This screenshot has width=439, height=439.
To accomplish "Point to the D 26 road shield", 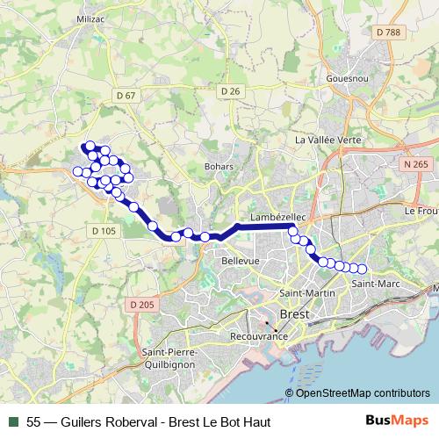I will point(231,90).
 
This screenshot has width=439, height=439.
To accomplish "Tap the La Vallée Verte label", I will point(328,140).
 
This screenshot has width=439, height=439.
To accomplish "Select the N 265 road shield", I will point(417,164).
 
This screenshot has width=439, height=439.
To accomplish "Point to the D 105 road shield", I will point(104,231).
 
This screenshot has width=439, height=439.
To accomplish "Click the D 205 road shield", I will point(141,305).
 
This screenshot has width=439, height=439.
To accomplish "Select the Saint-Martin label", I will point(301,292).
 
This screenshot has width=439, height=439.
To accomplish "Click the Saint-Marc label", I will point(370,284).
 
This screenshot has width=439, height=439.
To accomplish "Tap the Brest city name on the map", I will point(291,314).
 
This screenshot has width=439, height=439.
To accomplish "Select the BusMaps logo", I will point(397,421).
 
